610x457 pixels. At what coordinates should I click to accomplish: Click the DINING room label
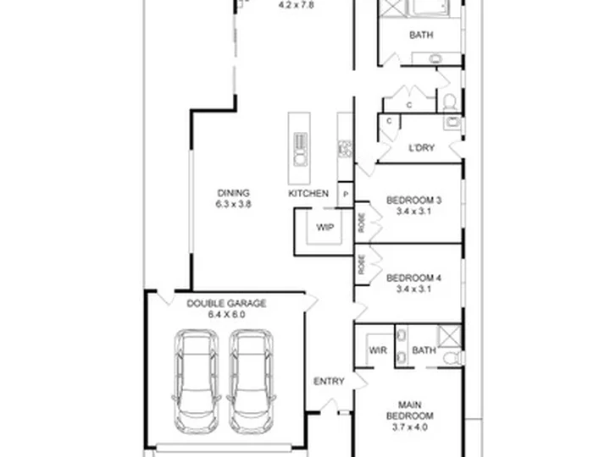point(234,193)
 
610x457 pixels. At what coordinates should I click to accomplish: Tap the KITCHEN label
point(308,194)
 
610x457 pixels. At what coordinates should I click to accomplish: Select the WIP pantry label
point(324,228)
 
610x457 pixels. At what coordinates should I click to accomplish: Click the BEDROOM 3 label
point(413,201)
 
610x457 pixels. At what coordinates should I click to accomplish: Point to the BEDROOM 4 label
point(413,278)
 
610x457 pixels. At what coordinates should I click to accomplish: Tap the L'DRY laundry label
point(421,147)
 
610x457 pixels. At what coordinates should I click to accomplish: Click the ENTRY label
point(329,381)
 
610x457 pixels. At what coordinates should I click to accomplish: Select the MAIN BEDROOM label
point(410,410)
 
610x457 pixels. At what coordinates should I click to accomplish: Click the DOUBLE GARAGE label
point(226,304)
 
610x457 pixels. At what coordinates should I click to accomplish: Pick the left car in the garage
point(196,382)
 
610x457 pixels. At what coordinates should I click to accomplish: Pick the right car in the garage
point(252,382)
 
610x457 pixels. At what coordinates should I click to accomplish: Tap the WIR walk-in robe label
point(378,350)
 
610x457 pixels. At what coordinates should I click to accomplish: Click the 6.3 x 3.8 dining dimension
point(234,204)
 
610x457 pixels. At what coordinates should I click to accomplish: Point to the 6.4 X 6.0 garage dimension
point(226,314)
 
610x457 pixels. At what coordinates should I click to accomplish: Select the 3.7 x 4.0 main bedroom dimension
point(410,427)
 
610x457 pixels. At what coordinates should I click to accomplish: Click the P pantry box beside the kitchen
point(346,195)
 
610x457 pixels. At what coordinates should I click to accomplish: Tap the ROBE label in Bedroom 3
point(362,223)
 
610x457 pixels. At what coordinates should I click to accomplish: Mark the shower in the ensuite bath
point(450,336)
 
